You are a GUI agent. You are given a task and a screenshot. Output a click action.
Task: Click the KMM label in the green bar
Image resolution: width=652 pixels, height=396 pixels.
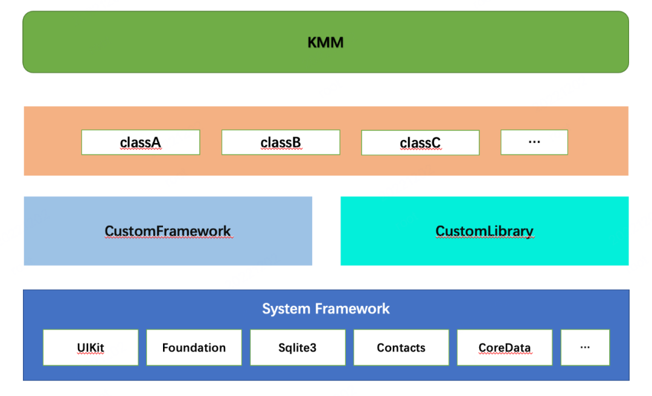[x=325, y=42]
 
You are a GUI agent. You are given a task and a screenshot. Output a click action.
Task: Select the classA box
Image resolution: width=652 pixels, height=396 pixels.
[x=141, y=142]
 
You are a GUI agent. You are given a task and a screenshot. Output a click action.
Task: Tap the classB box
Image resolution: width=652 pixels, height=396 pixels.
[x=281, y=142]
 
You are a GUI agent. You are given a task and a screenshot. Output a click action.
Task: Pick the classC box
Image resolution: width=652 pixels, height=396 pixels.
[x=420, y=143]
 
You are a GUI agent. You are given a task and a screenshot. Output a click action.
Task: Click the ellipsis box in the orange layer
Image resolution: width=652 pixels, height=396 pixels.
[x=534, y=142]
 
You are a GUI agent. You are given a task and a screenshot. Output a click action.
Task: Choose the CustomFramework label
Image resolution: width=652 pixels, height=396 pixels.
[x=168, y=231]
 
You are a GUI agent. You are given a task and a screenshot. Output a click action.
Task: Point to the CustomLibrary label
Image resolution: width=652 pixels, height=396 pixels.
[x=484, y=231]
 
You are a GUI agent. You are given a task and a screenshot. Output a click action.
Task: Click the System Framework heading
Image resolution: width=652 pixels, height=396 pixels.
[x=325, y=309]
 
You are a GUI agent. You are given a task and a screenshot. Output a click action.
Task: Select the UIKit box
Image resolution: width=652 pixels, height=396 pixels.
[x=91, y=347]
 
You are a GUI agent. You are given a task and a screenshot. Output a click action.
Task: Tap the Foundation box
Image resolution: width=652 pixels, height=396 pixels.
[x=194, y=347]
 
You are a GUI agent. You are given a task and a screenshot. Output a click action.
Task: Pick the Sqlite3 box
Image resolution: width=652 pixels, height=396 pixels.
[x=298, y=347]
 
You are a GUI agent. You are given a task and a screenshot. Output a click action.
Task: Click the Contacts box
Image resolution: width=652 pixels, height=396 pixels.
[x=401, y=347]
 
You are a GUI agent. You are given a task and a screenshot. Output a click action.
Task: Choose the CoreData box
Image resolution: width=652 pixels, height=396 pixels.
[x=505, y=347]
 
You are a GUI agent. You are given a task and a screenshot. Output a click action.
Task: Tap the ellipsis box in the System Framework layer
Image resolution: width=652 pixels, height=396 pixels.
[x=585, y=347]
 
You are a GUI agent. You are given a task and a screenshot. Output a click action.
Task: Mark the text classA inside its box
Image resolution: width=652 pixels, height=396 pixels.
[x=141, y=143]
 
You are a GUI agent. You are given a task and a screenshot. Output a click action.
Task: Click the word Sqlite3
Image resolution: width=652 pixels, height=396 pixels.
[x=298, y=348]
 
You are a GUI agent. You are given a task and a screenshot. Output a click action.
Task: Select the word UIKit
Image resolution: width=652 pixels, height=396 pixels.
[x=91, y=348]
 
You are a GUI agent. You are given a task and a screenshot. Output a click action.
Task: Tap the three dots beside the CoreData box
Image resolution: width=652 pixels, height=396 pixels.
[x=585, y=347]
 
